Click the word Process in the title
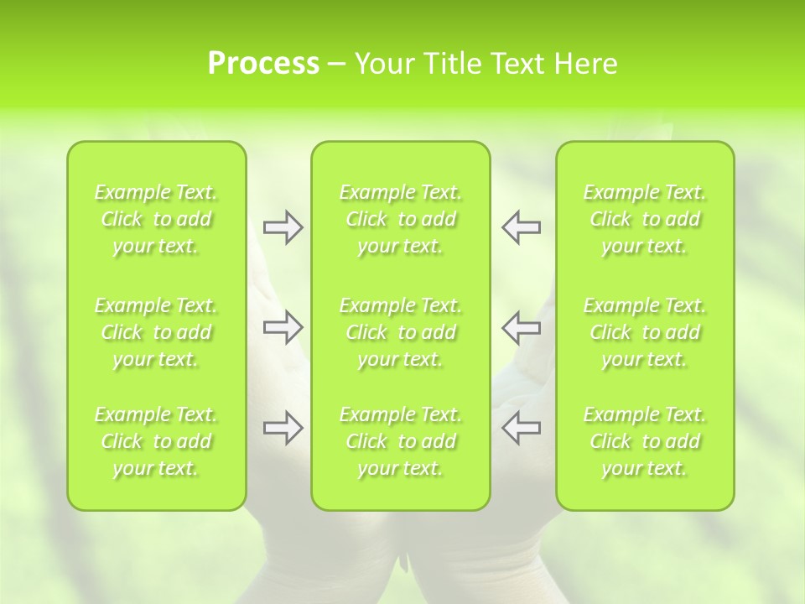click(x=263, y=64)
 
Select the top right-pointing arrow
click(x=283, y=227)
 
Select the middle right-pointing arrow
click(x=283, y=327)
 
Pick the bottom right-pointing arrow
click(x=283, y=428)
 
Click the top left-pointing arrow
click(x=522, y=227)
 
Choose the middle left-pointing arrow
click(x=522, y=327)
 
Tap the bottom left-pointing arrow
click(x=522, y=428)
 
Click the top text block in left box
click(x=156, y=219)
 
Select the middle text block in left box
click(x=156, y=332)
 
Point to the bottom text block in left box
click(x=156, y=441)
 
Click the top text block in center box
click(x=401, y=219)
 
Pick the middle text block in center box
click(x=401, y=332)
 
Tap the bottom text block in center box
click(x=401, y=441)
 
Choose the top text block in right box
click(x=645, y=219)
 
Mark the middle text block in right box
click(x=645, y=332)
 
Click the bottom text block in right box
click(x=645, y=441)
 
